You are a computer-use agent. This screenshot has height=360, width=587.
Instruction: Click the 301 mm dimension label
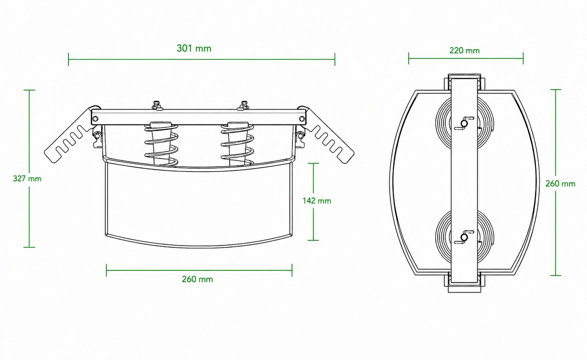click(x=194, y=48)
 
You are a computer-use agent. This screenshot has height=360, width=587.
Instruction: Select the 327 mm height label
click(x=27, y=179)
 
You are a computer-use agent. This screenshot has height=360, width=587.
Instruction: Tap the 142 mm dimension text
click(x=317, y=201)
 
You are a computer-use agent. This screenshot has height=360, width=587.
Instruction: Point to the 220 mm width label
click(x=464, y=50)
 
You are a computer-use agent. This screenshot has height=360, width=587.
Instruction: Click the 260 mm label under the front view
click(x=197, y=279)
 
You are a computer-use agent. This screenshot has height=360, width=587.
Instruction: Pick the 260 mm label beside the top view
click(x=560, y=184)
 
